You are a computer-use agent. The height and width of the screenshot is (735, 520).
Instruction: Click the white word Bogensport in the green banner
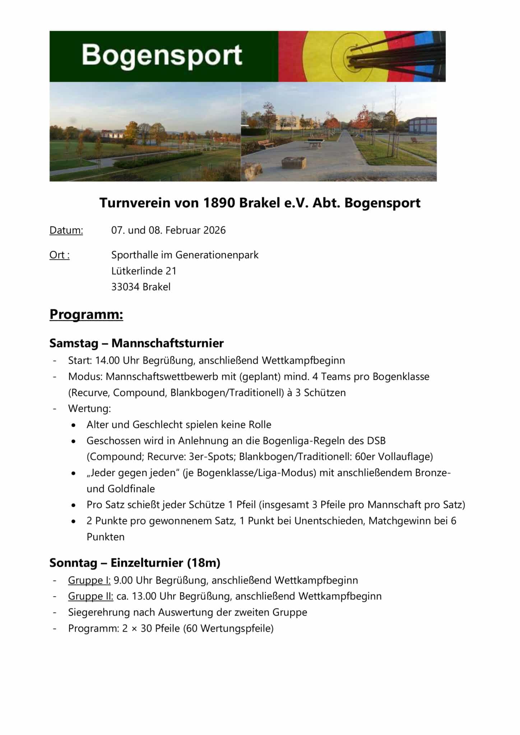pos(162,56)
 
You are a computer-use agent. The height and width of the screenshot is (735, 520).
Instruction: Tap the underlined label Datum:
pos(66,230)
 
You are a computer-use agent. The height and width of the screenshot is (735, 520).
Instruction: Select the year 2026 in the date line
pos(214,230)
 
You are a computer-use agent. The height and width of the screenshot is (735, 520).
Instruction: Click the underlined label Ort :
pos(59,255)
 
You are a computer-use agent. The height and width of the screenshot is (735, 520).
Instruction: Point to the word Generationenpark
pos(217,255)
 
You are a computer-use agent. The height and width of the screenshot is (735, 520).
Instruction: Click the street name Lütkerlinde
pos(137,271)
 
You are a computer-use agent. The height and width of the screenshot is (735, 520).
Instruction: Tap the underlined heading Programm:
pos(86,314)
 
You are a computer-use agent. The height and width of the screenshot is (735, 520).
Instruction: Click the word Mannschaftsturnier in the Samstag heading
pos(167,343)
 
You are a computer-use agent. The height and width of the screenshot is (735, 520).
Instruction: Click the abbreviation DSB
pos(376,440)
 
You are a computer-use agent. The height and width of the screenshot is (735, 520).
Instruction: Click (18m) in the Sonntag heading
pos(203,563)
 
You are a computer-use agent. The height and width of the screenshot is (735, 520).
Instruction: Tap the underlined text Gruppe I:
pos(89,580)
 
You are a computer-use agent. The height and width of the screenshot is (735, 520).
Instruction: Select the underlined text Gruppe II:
pos(90,596)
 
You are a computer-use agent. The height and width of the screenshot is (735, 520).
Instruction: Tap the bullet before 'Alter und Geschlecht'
pos(74,425)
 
